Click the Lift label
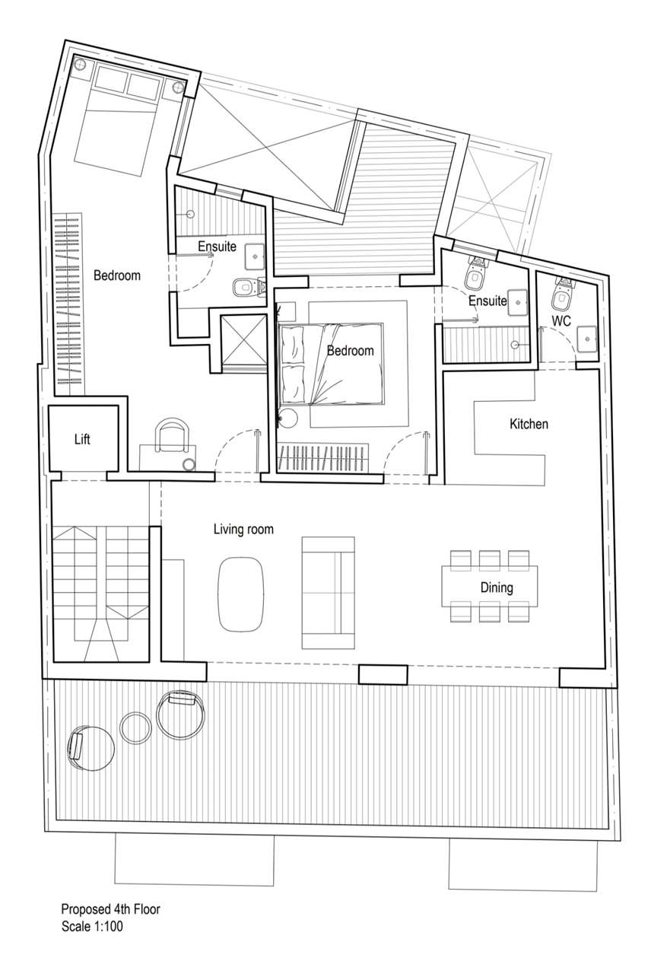point(82,439)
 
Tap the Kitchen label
point(529,424)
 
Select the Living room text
point(243,530)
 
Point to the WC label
point(561,321)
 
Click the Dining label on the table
point(497,588)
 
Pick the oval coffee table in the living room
point(240,594)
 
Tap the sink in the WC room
point(587,338)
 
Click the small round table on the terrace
point(135,727)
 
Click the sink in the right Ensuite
point(517,301)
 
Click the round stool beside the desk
point(189,464)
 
